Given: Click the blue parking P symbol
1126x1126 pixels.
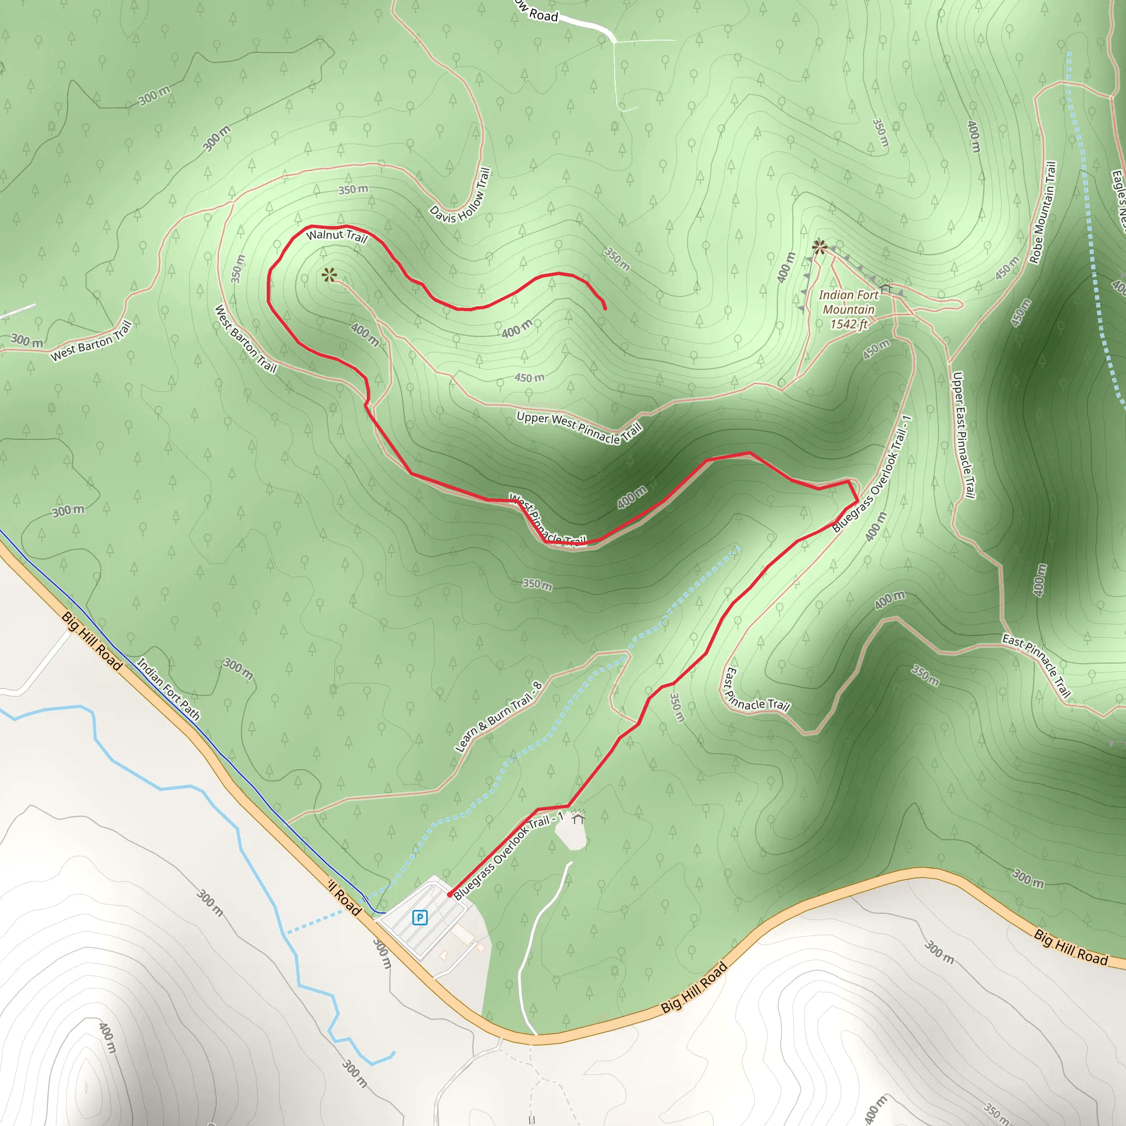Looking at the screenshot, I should pos(420,918).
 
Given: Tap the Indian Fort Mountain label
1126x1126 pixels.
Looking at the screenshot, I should pos(848,302).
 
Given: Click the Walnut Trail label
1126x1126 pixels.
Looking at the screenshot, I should pos(337,235).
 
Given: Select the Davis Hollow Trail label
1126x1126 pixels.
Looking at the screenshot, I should pos(460,196).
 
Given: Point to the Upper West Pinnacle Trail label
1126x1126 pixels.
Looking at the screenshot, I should pos(579,428).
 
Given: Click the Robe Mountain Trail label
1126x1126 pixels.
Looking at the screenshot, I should pos(1042,213).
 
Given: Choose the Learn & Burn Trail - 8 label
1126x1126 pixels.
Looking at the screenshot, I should pos(499,717).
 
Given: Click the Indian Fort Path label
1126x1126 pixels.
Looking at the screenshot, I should pos(168,689).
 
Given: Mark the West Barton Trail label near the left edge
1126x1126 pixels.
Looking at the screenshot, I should pos(91,341).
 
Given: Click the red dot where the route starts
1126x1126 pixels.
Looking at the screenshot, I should pos(449,894).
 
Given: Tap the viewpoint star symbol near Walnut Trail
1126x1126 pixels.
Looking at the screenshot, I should pos(329,274).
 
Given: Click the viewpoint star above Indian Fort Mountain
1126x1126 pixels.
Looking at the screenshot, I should pos(819,246).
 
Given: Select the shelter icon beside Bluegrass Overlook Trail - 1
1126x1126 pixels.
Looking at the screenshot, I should pos(578,819).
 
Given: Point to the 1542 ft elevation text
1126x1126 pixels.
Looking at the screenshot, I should pos(848,324).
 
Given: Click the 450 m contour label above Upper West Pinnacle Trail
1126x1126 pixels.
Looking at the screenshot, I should pos(529,378).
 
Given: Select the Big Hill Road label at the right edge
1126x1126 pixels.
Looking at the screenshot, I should pos(1070,947).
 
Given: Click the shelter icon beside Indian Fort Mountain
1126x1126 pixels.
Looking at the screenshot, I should pos(886,288).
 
